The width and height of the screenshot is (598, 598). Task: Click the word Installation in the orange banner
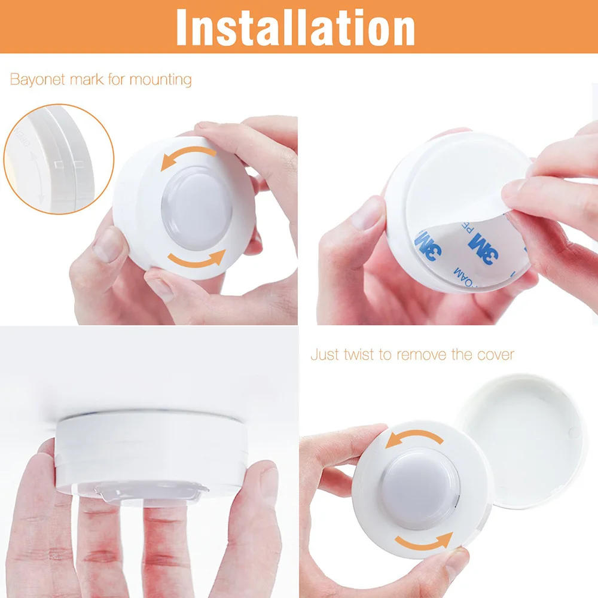(295, 27)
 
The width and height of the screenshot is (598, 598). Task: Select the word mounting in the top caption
(160, 80)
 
